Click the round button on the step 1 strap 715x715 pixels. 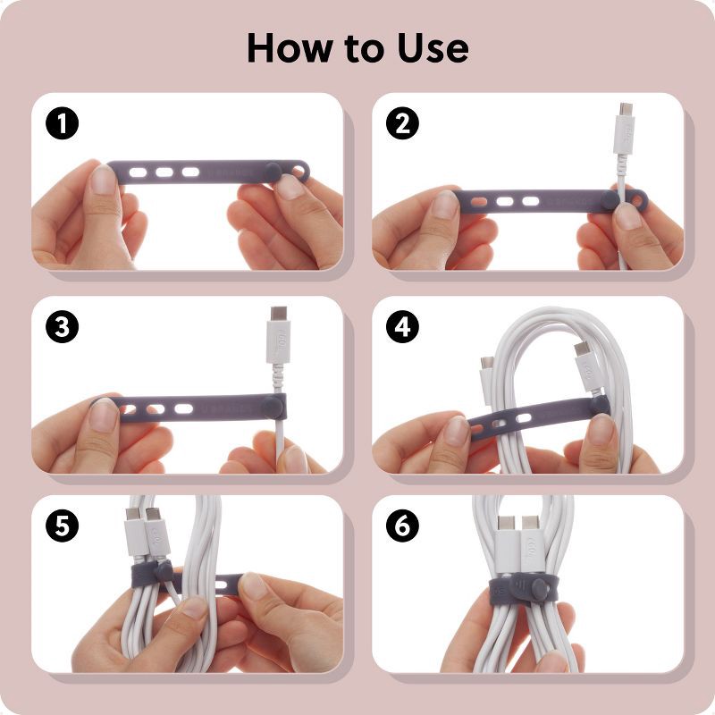coord(275,171)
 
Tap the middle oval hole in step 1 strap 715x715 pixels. coord(164,170)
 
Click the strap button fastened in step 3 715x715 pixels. coord(275,408)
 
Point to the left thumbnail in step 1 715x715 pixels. coord(104,181)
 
